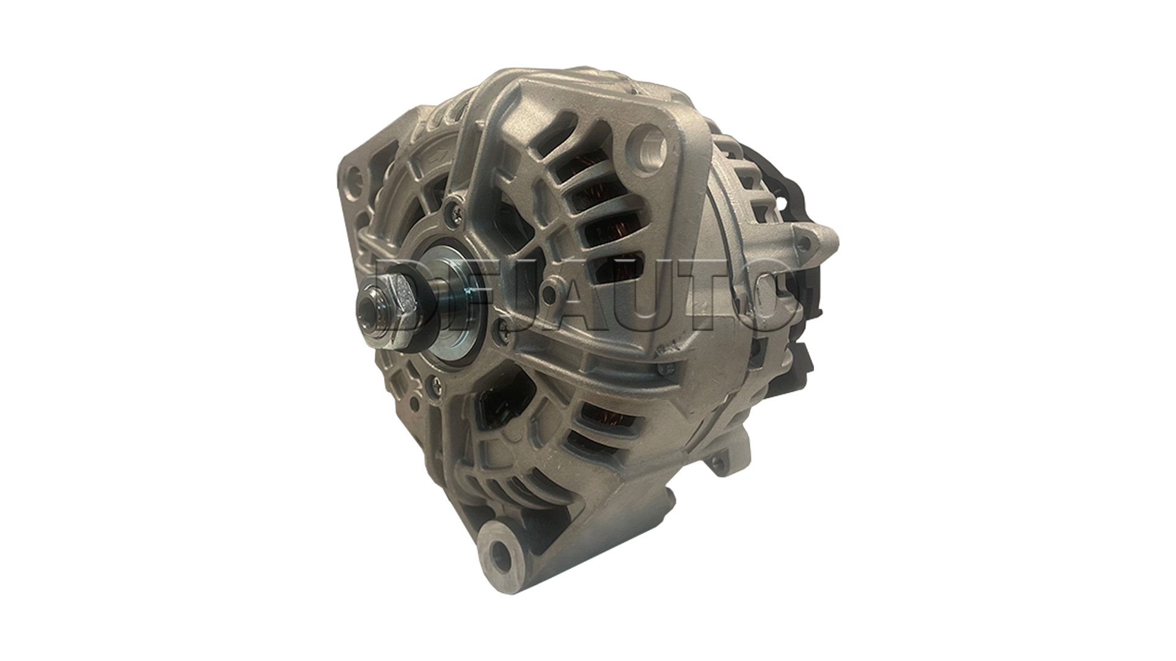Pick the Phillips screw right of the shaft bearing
tap(503, 331)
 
